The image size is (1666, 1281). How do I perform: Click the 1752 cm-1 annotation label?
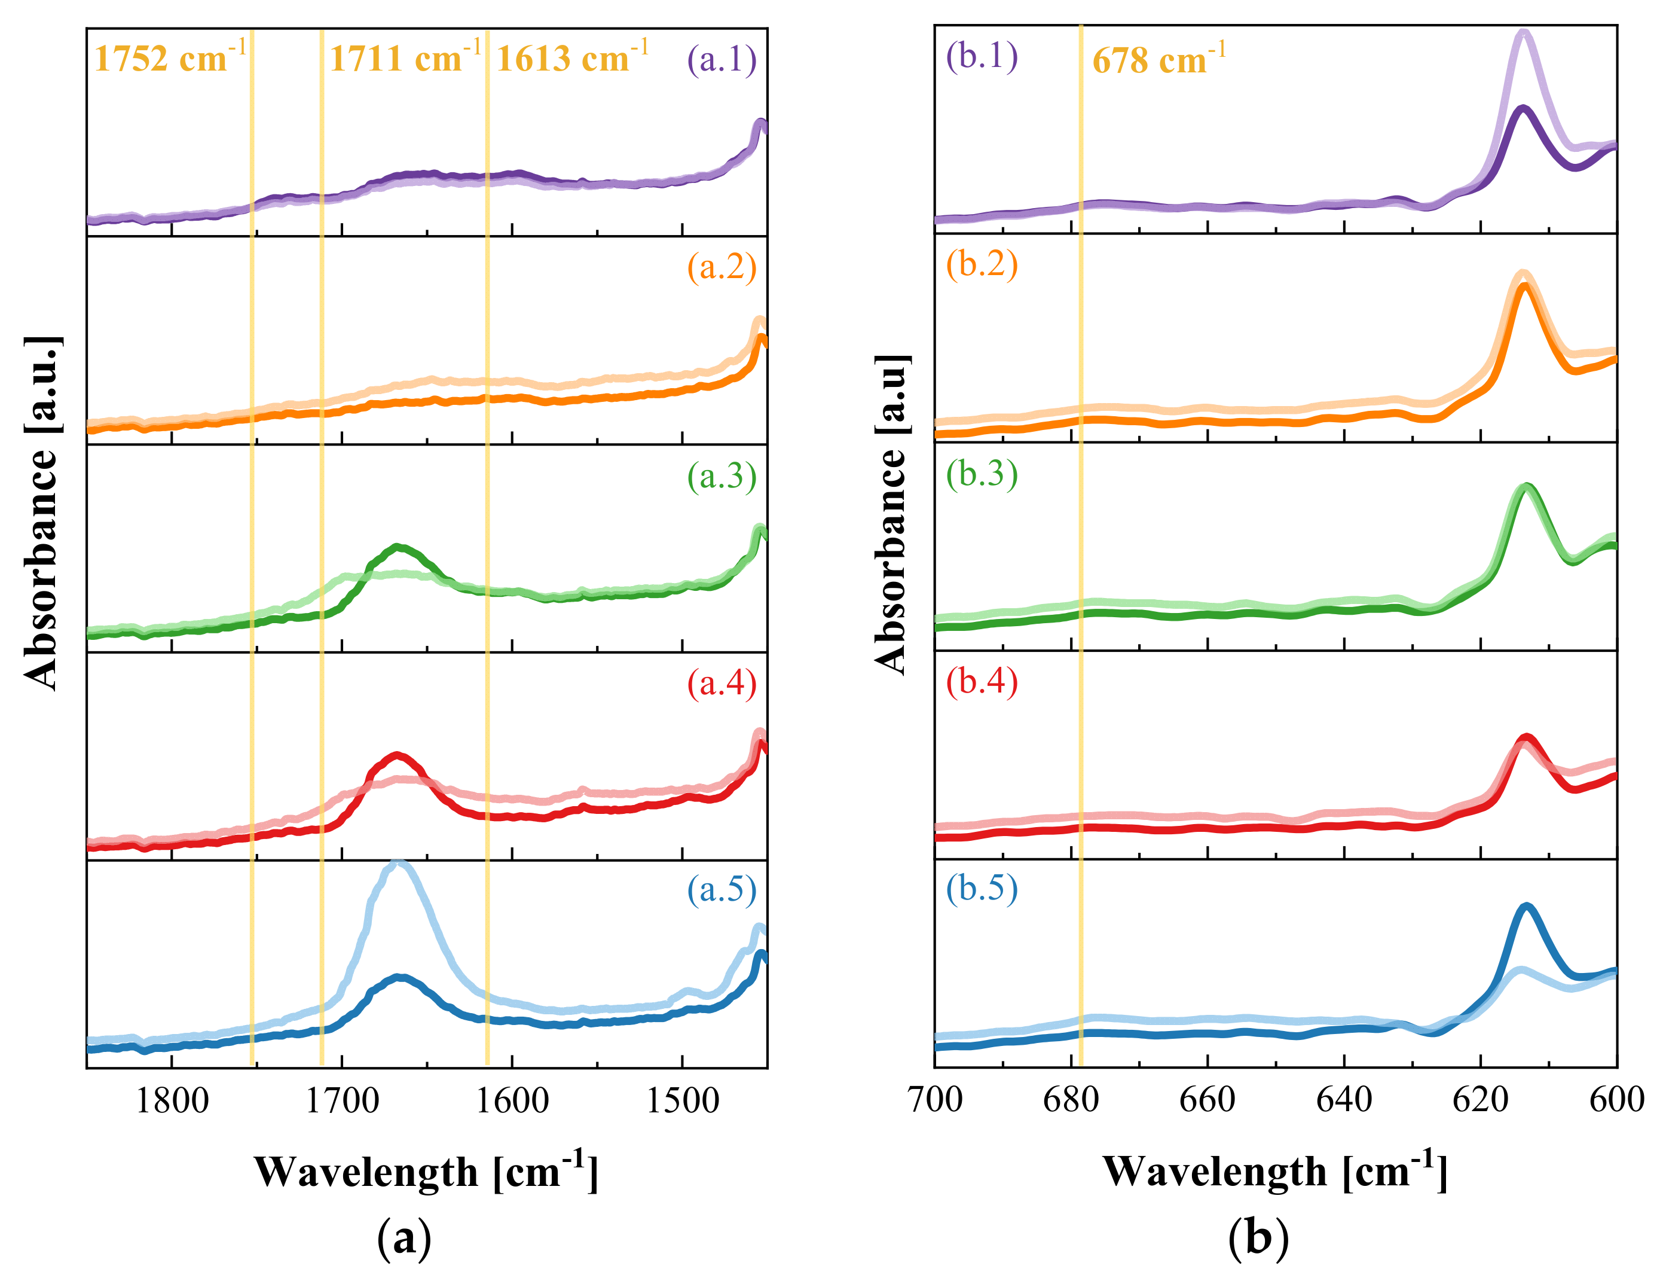point(169,58)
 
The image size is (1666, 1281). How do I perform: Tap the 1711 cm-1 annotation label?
point(404,58)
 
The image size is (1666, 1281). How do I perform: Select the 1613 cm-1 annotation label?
point(571,58)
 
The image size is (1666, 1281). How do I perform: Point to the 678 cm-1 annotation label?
point(1158,59)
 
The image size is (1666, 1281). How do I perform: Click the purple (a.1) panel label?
point(721,59)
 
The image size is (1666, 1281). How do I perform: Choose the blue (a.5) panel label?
point(721,889)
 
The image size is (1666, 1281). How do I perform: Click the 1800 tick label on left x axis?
point(172,1101)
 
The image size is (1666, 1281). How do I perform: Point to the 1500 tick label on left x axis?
point(681,1101)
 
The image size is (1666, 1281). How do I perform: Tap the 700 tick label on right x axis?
point(935,1100)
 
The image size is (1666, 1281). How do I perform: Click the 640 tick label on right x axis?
point(1344,1100)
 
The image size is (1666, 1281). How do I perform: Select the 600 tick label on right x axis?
point(1616,1100)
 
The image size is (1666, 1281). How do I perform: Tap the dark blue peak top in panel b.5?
point(1526,906)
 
